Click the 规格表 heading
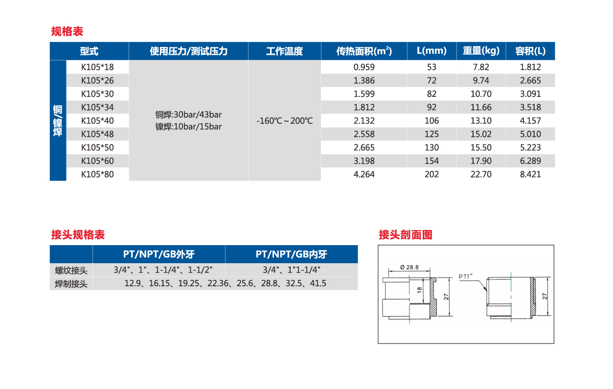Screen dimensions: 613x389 pos(67,31)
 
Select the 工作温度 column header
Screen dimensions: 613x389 pos(284,51)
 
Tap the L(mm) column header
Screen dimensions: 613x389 pos(431,51)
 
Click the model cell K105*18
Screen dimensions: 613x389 pos(97,67)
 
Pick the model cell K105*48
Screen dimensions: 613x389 pos(97,134)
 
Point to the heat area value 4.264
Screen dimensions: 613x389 pos(364,174)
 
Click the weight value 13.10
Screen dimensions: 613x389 pos(481,121)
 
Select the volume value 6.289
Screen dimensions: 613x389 pos(530,161)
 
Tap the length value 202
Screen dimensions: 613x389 pos(431,174)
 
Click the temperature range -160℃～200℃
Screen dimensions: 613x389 pos(284,121)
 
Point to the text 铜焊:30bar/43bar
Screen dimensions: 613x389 pos(188,114)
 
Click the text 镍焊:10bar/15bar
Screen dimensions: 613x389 pos(188,126)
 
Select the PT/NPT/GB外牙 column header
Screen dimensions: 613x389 pos(159,254)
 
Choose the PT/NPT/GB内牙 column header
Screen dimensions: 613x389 pos(292,254)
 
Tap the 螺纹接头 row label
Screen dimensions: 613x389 pos(71,271)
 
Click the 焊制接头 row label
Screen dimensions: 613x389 pos(71,284)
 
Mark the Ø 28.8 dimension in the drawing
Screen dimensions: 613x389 pos(409,267)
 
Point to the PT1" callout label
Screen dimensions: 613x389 pos(465,276)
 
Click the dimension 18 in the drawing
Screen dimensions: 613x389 pos(420,290)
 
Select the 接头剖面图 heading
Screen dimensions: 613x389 pos(406,235)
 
